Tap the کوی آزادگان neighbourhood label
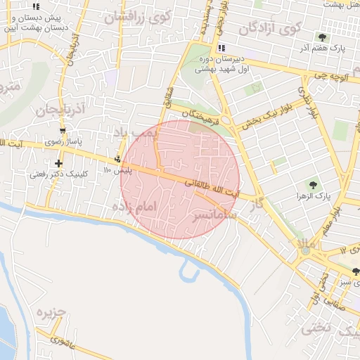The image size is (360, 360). (270, 28)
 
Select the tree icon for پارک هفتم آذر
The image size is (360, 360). (322, 37)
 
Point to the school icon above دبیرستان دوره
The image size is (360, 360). (222, 48)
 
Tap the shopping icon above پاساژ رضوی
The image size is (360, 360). (63, 131)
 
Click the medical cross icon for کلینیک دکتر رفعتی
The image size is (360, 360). (58, 163)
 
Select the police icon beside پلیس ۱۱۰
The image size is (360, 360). (117, 159)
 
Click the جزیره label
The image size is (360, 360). (51, 311)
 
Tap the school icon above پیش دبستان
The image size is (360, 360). (36, 6)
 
